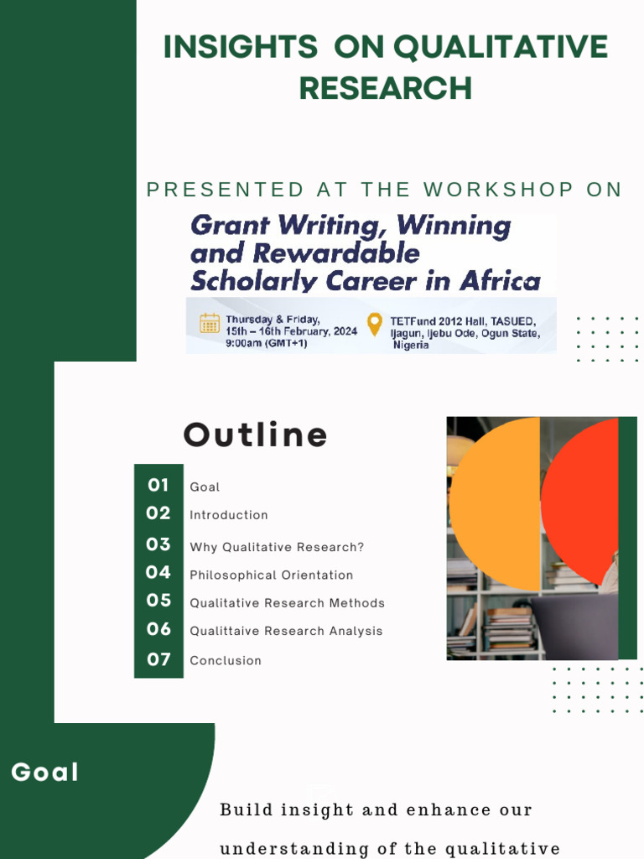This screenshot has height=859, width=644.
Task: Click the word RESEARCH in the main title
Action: tap(385, 88)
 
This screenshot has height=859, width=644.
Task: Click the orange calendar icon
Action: tap(209, 323)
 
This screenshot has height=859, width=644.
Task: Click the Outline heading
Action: tap(255, 435)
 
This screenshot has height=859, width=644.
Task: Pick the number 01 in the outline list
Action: tap(158, 485)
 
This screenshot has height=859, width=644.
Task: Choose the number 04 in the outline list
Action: tap(158, 573)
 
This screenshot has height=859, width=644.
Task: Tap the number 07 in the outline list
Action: tap(158, 659)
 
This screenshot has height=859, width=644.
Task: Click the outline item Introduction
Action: tap(229, 515)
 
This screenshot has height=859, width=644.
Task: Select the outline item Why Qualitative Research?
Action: tap(277, 547)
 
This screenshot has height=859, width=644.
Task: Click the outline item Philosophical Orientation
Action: tap(271, 575)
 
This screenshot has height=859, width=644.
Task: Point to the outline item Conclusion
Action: tap(226, 661)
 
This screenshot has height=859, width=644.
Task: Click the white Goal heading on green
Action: tap(44, 773)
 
